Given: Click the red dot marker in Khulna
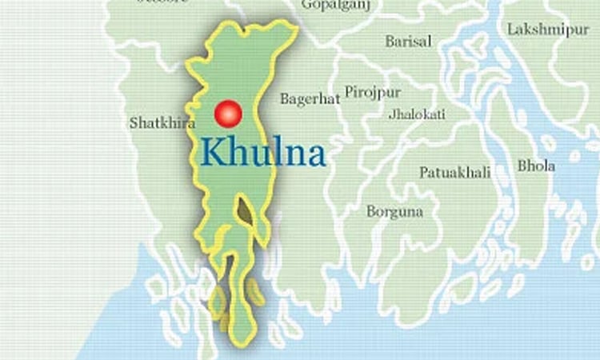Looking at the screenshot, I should point(227,114).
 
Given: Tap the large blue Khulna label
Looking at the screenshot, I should point(263,152).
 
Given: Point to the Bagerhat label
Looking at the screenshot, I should point(310,99).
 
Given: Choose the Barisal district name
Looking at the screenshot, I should point(408,41).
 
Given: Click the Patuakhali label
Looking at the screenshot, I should point(454,172).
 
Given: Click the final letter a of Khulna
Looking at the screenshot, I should point(315,154).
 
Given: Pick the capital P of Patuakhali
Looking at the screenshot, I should point(424,172).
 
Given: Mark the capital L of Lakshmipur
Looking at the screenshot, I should point(511,29).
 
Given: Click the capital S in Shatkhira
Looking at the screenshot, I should point(133,123).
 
